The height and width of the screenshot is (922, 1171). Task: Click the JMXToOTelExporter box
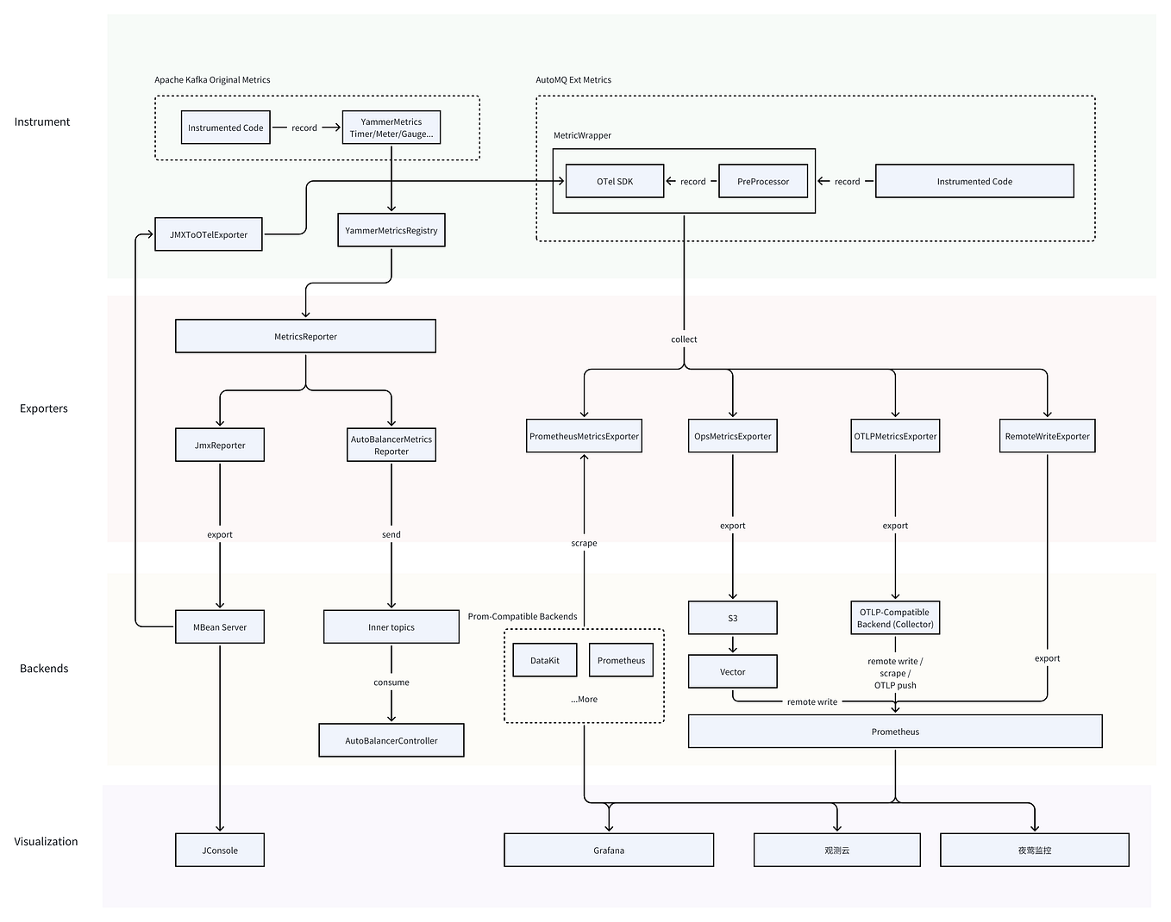(208, 234)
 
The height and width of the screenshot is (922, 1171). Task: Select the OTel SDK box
(615, 181)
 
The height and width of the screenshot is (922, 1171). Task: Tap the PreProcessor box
(763, 181)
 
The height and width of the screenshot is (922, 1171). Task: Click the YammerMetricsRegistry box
(391, 230)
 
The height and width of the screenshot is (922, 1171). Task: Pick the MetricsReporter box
(305, 336)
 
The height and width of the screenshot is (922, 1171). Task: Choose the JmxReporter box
(220, 445)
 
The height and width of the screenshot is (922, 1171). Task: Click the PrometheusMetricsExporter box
(584, 436)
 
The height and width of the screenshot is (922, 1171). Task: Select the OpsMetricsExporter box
(733, 436)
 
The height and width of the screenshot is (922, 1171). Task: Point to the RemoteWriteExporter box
(1047, 436)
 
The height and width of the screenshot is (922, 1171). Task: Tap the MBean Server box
(220, 627)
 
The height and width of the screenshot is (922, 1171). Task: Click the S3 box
(733, 618)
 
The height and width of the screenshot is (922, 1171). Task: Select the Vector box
(733, 671)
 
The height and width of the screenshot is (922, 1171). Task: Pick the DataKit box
(545, 660)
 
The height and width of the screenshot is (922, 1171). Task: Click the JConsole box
(220, 850)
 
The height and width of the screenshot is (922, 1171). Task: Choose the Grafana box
(609, 850)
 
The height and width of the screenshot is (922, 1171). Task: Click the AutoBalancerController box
(391, 740)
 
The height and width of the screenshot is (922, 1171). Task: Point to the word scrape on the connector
(584, 543)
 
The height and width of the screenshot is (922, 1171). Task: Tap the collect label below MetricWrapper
(684, 339)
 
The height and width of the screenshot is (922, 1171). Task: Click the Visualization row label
(46, 841)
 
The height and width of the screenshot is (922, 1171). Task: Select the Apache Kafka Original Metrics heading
(212, 79)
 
